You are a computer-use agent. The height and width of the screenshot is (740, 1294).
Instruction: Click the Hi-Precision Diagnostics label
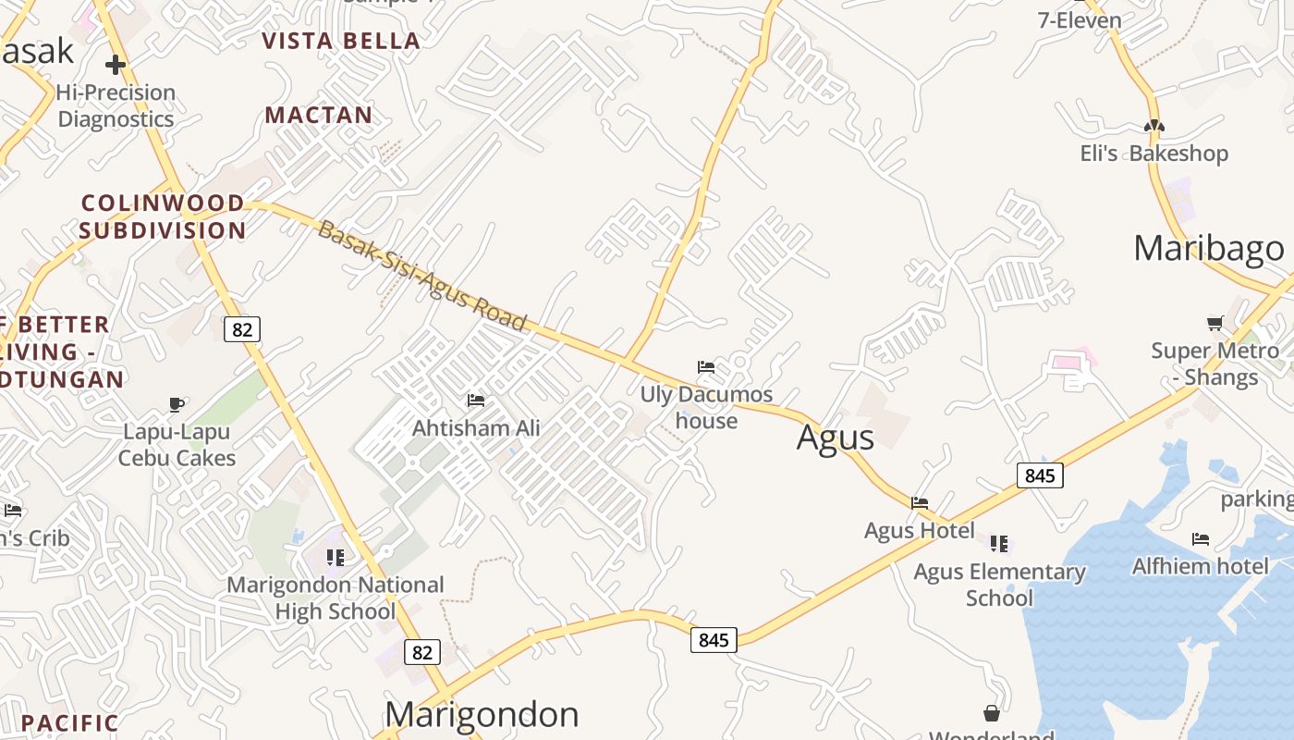pyautogui.click(x=116, y=105)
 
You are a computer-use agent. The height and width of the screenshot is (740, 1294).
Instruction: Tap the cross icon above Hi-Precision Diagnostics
pyautogui.click(x=116, y=65)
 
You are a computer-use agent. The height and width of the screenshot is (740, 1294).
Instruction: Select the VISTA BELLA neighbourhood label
pyautogui.click(x=341, y=41)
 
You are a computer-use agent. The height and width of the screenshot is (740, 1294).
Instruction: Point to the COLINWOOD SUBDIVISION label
pyautogui.click(x=163, y=216)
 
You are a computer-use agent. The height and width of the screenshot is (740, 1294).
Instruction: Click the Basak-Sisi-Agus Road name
pyautogui.click(x=421, y=277)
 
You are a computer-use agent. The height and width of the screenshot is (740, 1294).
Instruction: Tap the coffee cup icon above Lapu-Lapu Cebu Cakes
pyautogui.click(x=177, y=404)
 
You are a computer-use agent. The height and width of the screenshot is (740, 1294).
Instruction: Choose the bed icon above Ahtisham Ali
pyautogui.click(x=476, y=401)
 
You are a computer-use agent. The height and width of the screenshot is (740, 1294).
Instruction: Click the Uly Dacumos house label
pyautogui.click(x=706, y=407)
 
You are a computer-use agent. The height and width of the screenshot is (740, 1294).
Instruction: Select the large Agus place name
pyautogui.click(x=835, y=438)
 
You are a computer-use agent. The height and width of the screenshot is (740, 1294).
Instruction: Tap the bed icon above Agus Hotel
pyautogui.click(x=920, y=503)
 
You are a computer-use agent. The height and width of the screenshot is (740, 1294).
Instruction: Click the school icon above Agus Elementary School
pyautogui.click(x=999, y=544)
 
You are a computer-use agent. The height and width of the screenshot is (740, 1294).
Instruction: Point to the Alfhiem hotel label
pyautogui.click(x=1200, y=565)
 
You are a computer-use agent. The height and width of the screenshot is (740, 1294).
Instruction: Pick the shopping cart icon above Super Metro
pyautogui.click(x=1215, y=323)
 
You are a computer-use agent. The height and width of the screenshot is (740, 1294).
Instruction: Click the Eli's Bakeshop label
pyautogui.click(x=1154, y=154)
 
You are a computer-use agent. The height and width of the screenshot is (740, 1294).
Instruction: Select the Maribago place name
pyautogui.click(x=1208, y=248)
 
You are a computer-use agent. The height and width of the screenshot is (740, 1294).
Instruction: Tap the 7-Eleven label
pyautogui.click(x=1080, y=20)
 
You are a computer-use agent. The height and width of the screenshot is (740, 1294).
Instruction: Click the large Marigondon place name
pyautogui.click(x=482, y=714)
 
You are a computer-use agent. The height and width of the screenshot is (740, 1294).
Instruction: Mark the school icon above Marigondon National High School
pyautogui.click(x=336, y=558)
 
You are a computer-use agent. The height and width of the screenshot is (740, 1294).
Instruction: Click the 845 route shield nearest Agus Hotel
pyautogui.click(x=1040, y=475)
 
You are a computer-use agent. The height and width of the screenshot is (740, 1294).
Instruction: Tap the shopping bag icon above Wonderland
pyautogui.click(x=992, y=713)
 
